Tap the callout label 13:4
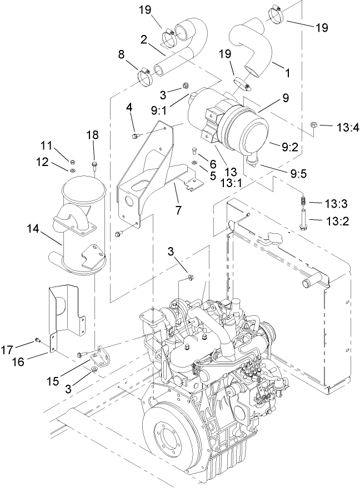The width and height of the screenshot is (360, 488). tap(348, 127)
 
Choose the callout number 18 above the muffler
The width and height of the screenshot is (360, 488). tap(93, 135)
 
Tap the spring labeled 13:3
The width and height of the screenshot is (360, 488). tap(303, 202)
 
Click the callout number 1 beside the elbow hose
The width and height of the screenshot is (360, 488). tap(287, 72)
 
